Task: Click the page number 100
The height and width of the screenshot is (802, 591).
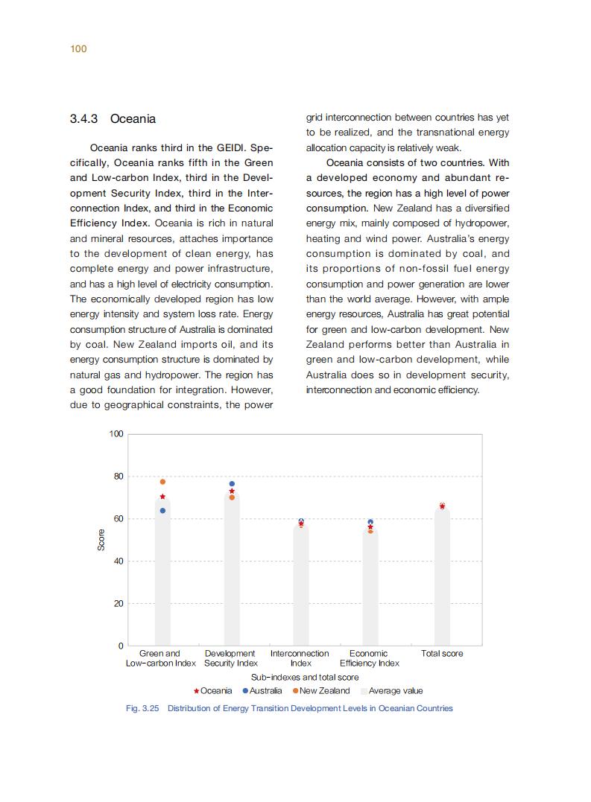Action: tap(78, 49)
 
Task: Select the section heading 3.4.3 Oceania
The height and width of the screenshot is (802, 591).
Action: tap(113, 118)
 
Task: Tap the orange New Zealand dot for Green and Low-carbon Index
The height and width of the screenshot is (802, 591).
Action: tap(162, 482)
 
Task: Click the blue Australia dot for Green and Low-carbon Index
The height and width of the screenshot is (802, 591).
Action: tap(162, 511)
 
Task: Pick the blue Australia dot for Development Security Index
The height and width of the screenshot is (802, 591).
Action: tap(232, 484)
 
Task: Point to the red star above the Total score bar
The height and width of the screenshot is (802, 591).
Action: tap(442, 506)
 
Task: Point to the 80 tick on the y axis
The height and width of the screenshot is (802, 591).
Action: tap(118, 476)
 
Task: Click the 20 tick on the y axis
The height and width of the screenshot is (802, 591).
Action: tap(118, 603)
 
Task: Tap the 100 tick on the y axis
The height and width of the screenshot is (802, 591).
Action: tap(116, 433)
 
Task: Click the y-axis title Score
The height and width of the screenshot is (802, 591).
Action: tap(101, 540)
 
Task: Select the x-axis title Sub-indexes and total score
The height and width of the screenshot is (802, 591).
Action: tap(305, 678)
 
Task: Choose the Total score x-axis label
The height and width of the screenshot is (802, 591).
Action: tap(442, 654)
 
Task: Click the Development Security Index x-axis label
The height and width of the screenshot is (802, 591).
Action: tap(231, 658)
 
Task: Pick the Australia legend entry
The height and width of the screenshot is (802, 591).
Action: tap(262, 691)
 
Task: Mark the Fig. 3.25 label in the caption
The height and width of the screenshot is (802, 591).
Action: tap(142, 708)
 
